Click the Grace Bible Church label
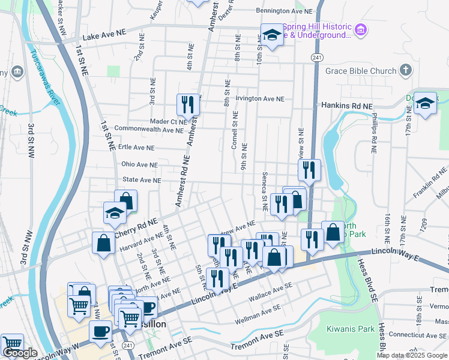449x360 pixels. tap(361, 71)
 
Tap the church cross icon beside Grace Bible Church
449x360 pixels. tap(406, 70)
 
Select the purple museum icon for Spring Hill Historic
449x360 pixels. tap(360, 29)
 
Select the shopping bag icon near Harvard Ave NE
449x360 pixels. tap(103, 243)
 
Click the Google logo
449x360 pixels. tap(20, 353)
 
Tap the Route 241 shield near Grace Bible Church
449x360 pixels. tap(316, 57)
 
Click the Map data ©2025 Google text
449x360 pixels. tap(412, 355)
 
